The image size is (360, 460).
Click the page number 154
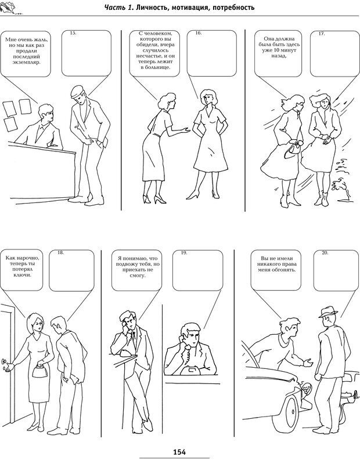(179, 452)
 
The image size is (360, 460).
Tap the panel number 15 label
(73, 33)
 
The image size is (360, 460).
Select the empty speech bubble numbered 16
(212, 54)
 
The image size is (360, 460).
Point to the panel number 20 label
(325, 252)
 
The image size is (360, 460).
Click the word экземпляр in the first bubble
(27, 62)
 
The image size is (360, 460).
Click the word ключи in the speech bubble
(22, 275)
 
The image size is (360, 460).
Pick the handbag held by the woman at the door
(38, 371)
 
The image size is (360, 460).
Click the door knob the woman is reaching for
(3, 361)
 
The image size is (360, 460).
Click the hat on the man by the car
(328, 312)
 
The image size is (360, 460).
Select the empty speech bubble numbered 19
(197, 270)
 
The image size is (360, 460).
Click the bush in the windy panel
(341, 180)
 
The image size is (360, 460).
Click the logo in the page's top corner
(11, 8)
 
